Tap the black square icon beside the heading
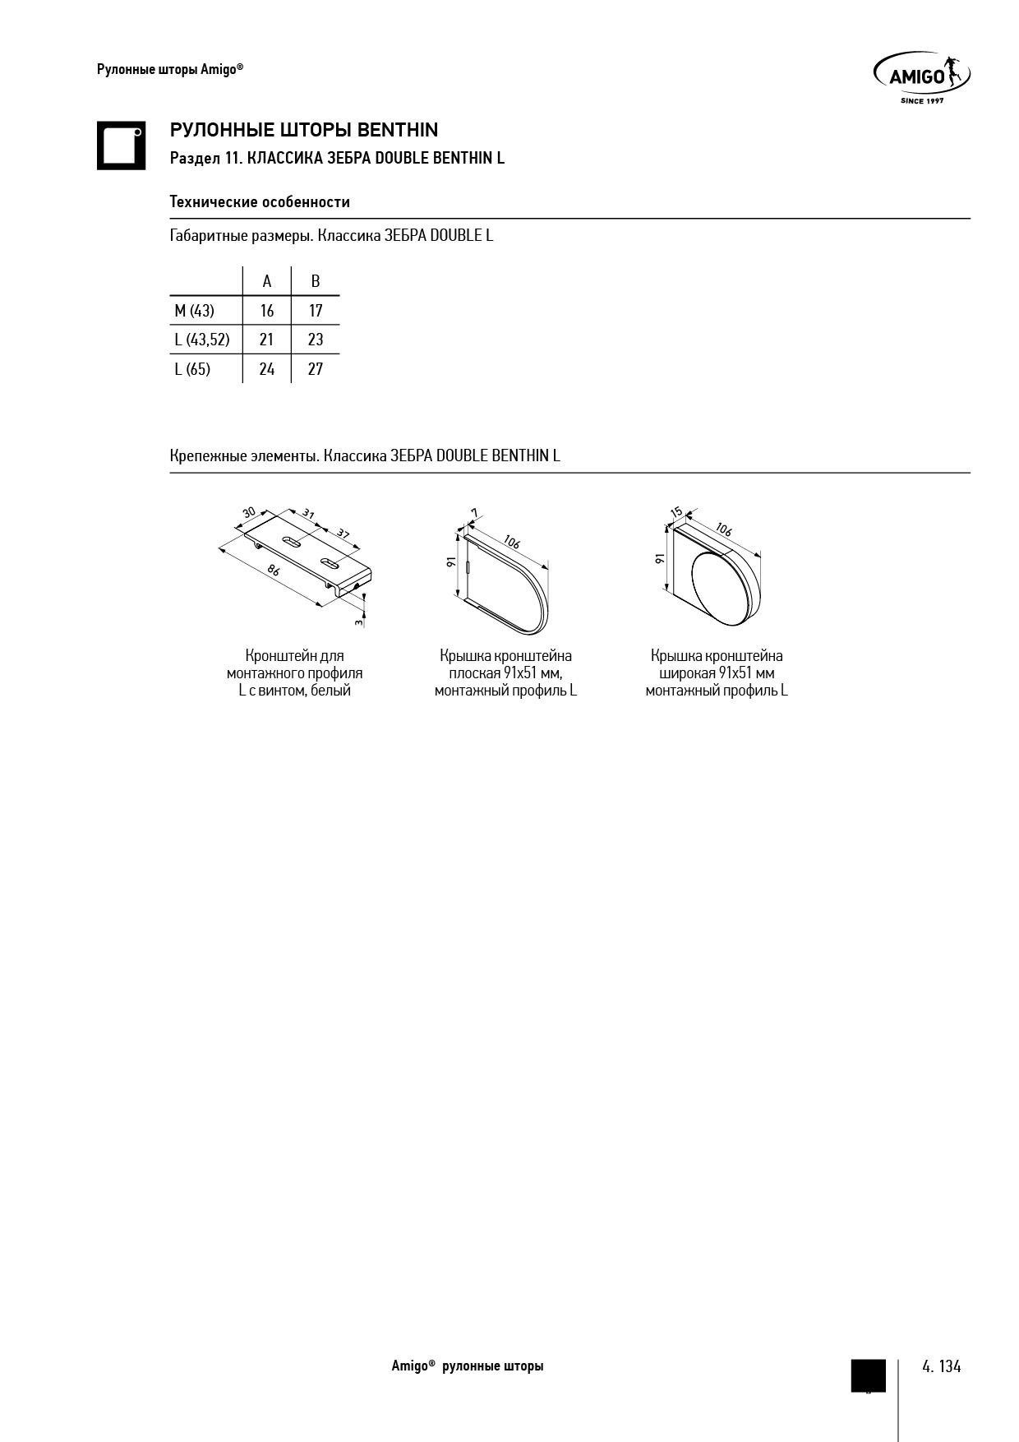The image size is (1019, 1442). click(x=121, y=146)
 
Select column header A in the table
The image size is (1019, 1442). click(x=267, y=282)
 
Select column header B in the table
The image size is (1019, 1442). click(x=316, y=282)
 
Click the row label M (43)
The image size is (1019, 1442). click(x=195, y=311)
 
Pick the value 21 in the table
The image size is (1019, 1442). click(x=267, y=340)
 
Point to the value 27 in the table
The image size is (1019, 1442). click(x=316, y=369)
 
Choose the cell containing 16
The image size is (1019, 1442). click(x=267, y=311)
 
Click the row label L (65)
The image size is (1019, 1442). click(x=192, y=369)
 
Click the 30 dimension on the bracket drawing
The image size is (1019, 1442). click(x=249, y=513)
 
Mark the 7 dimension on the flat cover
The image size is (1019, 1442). click(x=474, y=513)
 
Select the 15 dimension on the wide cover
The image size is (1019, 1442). click(x=676, y=513)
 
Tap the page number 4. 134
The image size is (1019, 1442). click(x=941, y=1366)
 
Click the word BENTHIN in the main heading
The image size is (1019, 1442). click(x=399, y=130)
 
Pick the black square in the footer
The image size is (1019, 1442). click(x=868, y=1375)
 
